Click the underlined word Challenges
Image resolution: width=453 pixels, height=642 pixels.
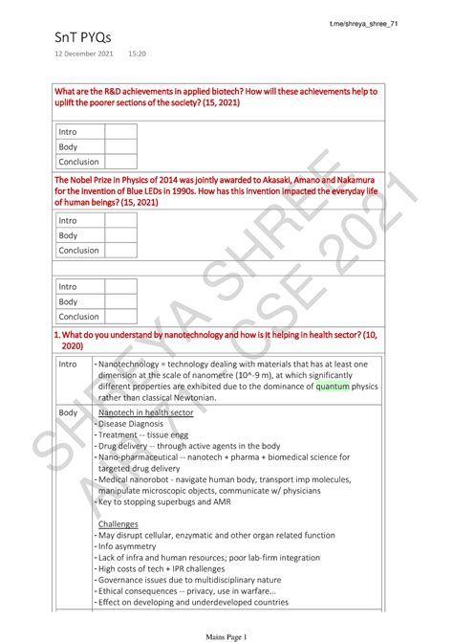tap(119, 524)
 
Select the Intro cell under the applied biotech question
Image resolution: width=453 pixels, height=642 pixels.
tap(68, 131)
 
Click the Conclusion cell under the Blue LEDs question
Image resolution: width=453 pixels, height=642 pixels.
tap(78, 250)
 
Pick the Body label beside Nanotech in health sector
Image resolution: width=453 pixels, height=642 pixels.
tap(68, 410)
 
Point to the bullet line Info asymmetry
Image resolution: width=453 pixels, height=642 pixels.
tap(133, 547)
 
